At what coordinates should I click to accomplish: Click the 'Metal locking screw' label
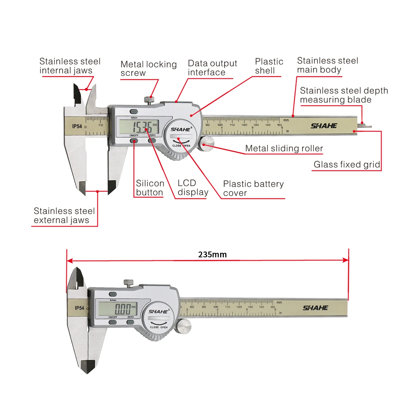click(x=148, y=68)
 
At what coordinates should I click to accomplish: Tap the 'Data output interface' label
click(x=212, y=68)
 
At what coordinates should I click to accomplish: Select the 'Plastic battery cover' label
click(x=253, y=188)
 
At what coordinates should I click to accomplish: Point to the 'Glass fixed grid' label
click(x=347, y=164)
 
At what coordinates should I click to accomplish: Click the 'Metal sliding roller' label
click(x=284, y=148)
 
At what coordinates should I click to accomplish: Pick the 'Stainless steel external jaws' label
click(x=64, y=215)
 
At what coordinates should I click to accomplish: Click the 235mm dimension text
click(x=212, y=254)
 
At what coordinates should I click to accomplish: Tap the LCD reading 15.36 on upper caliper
click(x=142, y=127)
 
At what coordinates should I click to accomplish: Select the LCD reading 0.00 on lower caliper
click(x=123, y=309)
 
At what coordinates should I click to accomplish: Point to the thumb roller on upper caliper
click(x=206, y=143)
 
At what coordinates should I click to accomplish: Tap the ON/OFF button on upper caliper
click(x=134, y=140)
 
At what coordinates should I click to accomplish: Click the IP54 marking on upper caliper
click(x=77, y=126)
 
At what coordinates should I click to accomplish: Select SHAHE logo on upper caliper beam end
click(x=324, y=126)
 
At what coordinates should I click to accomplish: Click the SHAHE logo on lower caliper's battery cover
click(x=158, y=311)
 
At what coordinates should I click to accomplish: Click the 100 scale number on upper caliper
click(x=220, y=125)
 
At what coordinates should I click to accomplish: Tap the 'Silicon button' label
click(x=150, y=188)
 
